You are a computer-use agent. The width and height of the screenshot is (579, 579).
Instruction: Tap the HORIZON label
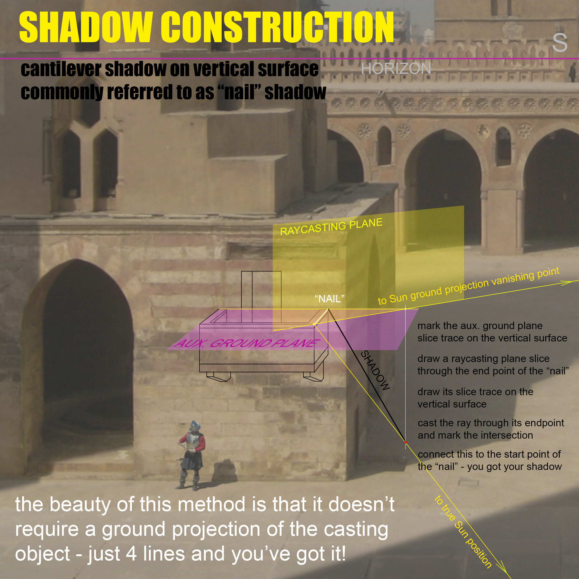396,69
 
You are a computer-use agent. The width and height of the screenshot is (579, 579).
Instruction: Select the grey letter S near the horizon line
560,43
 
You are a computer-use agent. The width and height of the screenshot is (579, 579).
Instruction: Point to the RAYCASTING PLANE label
331,227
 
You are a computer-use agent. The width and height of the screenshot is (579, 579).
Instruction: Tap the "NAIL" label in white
329,299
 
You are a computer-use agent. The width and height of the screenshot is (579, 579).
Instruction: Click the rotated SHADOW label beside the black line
375,370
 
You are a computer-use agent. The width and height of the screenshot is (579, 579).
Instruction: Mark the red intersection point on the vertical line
405,442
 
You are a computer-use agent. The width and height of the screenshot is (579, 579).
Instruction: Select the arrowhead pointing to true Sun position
504,572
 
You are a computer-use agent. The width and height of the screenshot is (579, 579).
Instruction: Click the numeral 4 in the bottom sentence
131,553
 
